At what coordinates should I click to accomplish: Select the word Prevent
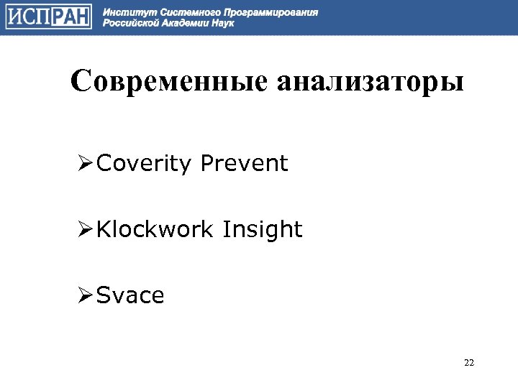tap(244, 164)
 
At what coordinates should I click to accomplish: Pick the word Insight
tap(263, 231)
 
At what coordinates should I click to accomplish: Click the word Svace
tap(130, 295)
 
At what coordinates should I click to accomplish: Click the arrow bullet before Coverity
tap(86, 165)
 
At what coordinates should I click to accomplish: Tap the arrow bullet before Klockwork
tap(86, 231)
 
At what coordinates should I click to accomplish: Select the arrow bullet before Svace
tap(86, 295)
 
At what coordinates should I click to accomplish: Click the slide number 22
tap(469, 362)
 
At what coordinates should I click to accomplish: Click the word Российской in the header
tap(129, 23)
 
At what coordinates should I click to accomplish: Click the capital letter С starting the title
tap(80, 81)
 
